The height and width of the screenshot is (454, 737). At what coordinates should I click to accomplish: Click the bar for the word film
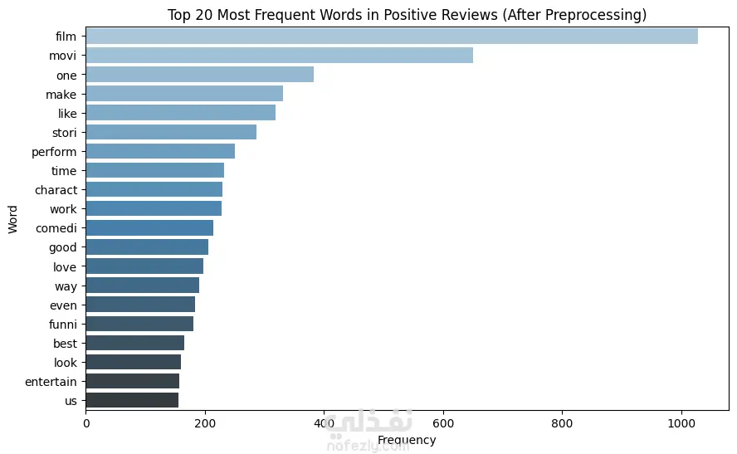click(x=392, y=37)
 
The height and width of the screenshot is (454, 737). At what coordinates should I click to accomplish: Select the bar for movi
click(x=280, y=56)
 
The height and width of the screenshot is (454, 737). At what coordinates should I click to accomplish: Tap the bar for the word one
click(x=200, y=75)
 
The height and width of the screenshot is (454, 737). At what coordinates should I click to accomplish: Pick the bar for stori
click(x=171, y=132)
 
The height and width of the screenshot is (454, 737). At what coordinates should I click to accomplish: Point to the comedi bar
click(x=149, y=228)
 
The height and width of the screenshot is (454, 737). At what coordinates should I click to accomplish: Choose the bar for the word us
click(x=132, y=400)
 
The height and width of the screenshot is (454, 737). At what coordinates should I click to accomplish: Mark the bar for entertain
click(x=133, y=381)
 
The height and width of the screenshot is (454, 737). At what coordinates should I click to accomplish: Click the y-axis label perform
click(x=54, y=152)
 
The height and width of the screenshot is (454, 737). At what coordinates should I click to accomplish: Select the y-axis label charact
click(x=56, y=190)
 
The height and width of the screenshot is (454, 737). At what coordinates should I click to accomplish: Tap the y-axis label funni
click(x=63, y=325)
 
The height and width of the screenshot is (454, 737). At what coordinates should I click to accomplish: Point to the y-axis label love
click(x=65, y=267)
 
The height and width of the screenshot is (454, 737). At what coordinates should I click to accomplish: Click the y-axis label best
click(x=65, y=344)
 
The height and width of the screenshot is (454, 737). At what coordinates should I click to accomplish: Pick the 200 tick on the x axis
click(x=205, y=423)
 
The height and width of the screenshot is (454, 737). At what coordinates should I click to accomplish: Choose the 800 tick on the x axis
click(x=562, y=423)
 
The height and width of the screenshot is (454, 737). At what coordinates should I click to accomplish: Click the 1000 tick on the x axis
click(x=681, y=423)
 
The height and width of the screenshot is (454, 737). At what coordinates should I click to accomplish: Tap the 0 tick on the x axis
click(x=86, y=423)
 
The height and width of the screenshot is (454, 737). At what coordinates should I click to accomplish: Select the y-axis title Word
click(x=12, y=219)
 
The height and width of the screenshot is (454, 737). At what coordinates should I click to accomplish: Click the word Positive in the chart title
click(x=409, y=15)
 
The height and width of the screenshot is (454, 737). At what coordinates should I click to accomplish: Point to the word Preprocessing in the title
click(x=596, y=15)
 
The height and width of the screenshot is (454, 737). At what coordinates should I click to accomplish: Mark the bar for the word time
click(x=155, y=170)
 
